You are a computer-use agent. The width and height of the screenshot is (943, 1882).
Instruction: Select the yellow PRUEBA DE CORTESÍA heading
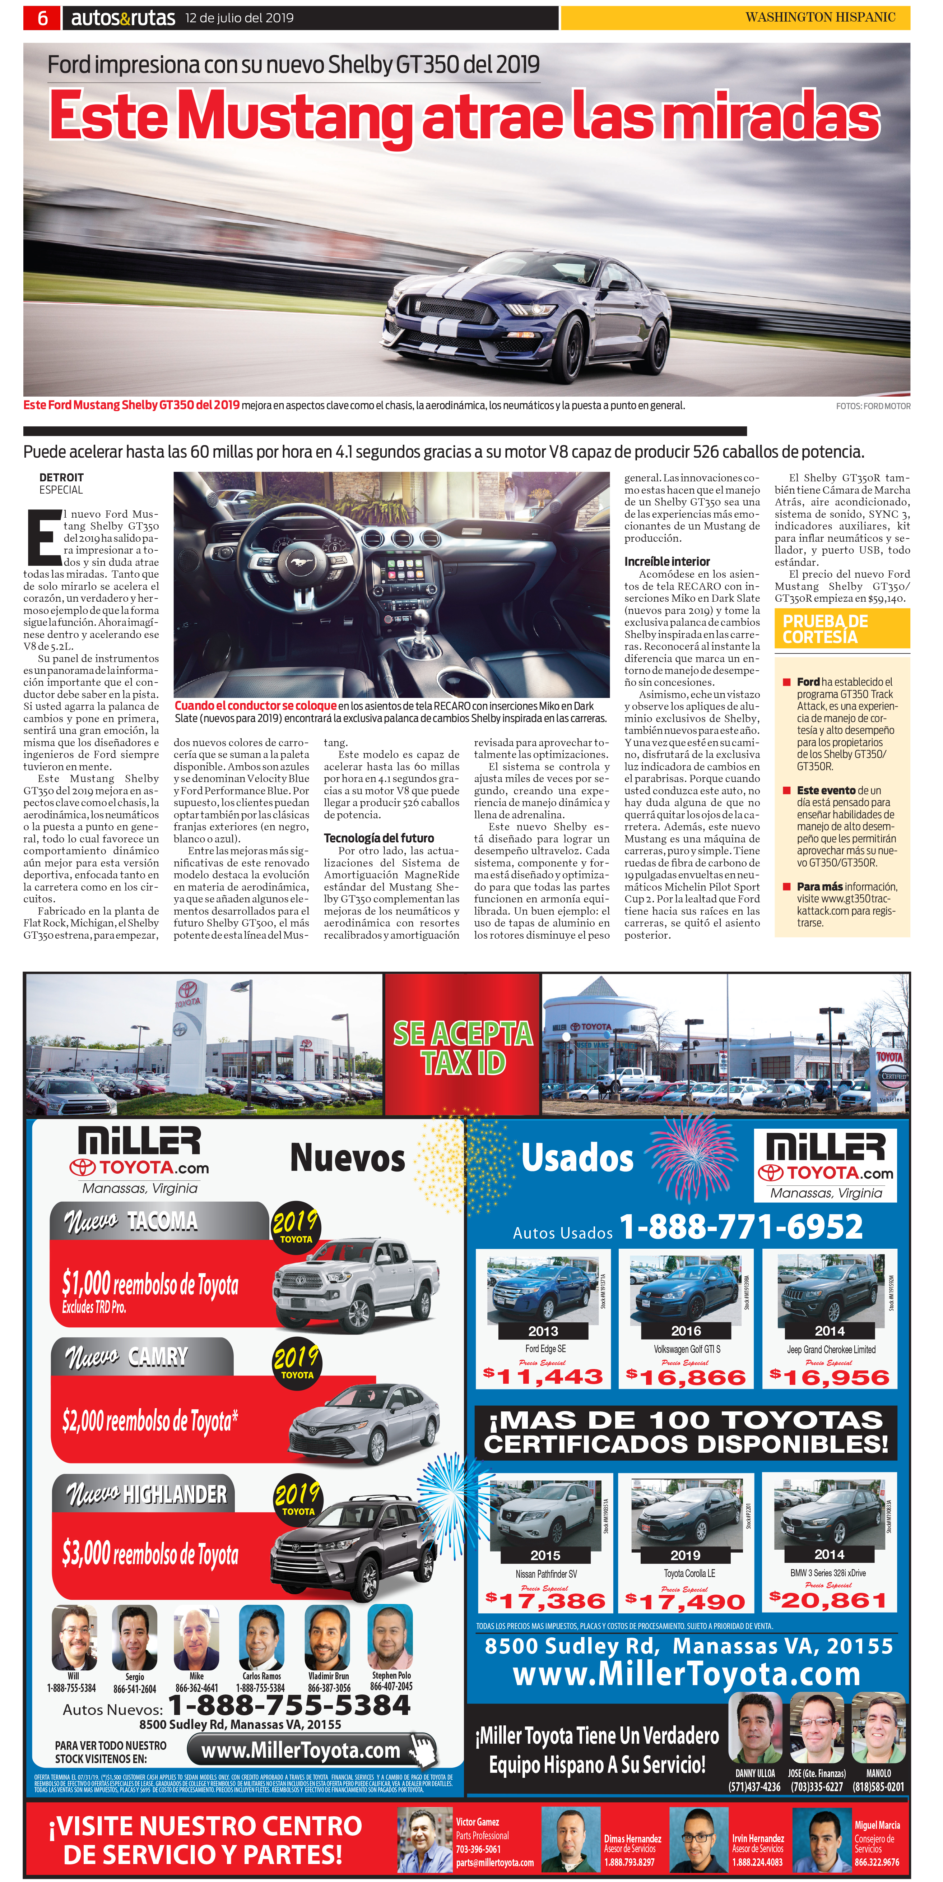(x=826, y=628)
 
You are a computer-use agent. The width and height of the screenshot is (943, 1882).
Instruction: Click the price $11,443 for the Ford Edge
(x=543, y=1377)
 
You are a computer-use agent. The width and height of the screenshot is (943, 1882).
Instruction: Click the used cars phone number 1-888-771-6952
(x=741, y=1227)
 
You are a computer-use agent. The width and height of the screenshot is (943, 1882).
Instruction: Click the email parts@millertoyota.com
(x=494, y=1862)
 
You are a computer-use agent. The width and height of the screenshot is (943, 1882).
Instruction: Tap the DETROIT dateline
(x=61, y=477)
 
